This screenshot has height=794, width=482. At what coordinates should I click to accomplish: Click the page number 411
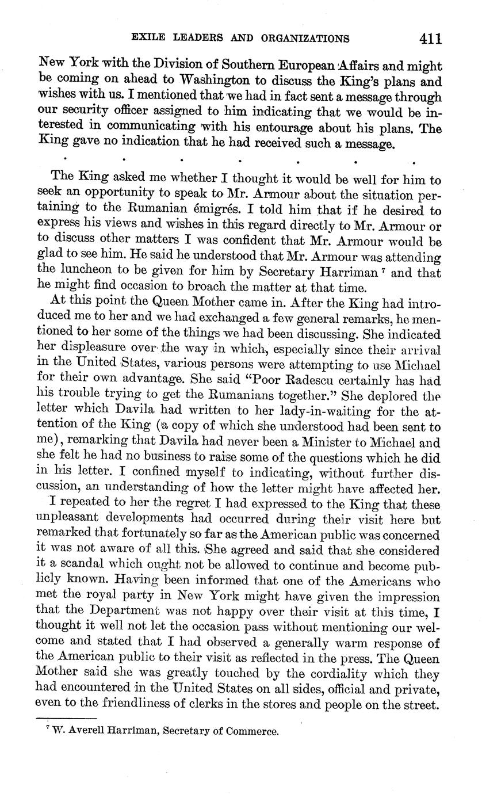430,39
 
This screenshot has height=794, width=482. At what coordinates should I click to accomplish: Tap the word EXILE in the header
148,39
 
